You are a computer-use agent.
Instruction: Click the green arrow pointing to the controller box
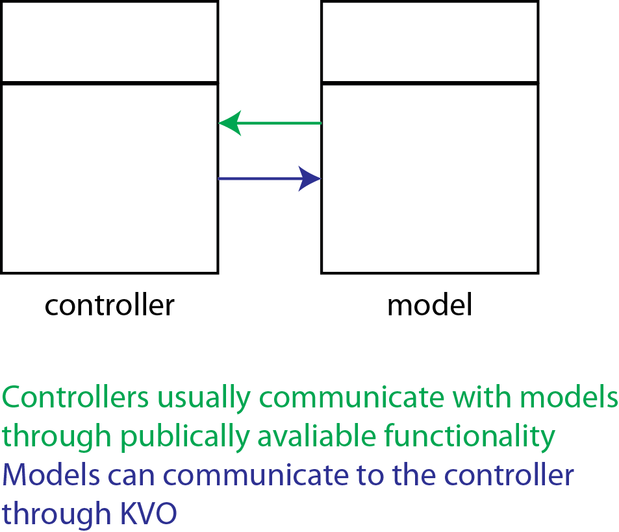(273, 123)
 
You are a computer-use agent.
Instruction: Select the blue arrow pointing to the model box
(266, 178)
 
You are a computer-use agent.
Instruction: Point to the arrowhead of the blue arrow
(310, 178)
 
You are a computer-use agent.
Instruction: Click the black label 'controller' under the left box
(109, 304)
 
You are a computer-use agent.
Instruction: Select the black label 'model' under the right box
(429, 304)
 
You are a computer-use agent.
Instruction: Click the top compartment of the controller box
(109, 42)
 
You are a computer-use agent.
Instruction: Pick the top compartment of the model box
(429, 42)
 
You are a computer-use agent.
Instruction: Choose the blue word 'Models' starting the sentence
(51, 475)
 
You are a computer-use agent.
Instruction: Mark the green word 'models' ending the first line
(570, 396)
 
